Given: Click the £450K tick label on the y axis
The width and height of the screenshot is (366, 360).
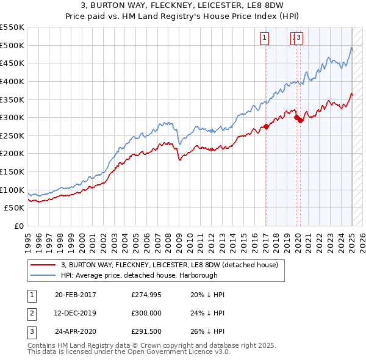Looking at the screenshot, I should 12,63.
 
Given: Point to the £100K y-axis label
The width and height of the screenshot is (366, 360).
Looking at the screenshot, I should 12,190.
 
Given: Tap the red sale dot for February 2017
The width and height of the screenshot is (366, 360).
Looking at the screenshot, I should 266,127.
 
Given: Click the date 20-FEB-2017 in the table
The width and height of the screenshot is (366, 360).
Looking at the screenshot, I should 76,295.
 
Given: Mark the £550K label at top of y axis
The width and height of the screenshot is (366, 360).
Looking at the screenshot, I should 12,27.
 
